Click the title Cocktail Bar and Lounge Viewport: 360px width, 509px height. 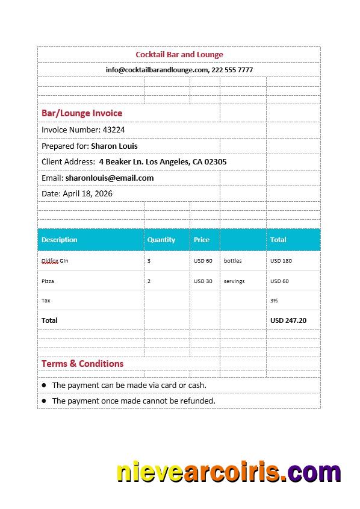[179, 55]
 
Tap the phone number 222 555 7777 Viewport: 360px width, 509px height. [232, 70]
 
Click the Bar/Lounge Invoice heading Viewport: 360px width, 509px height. [82, 113]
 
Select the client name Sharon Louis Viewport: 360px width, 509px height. [114, 146]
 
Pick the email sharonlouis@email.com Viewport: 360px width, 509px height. [110, 178]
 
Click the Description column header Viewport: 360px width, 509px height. [60, 240]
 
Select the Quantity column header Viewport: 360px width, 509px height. [161, 240]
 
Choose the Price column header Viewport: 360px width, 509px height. [202, 240]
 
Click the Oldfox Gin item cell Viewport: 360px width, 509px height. [55, 261]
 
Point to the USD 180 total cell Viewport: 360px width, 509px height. [281, 261]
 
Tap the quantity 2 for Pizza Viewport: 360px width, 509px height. [149, 281]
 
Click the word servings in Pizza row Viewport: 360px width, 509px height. [234, 281]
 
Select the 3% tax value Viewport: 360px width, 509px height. [274, 300]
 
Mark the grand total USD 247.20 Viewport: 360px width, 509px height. [288, 320]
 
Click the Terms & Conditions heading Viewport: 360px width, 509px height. [82, 364]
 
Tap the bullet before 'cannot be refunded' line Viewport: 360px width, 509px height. [44, 401]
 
